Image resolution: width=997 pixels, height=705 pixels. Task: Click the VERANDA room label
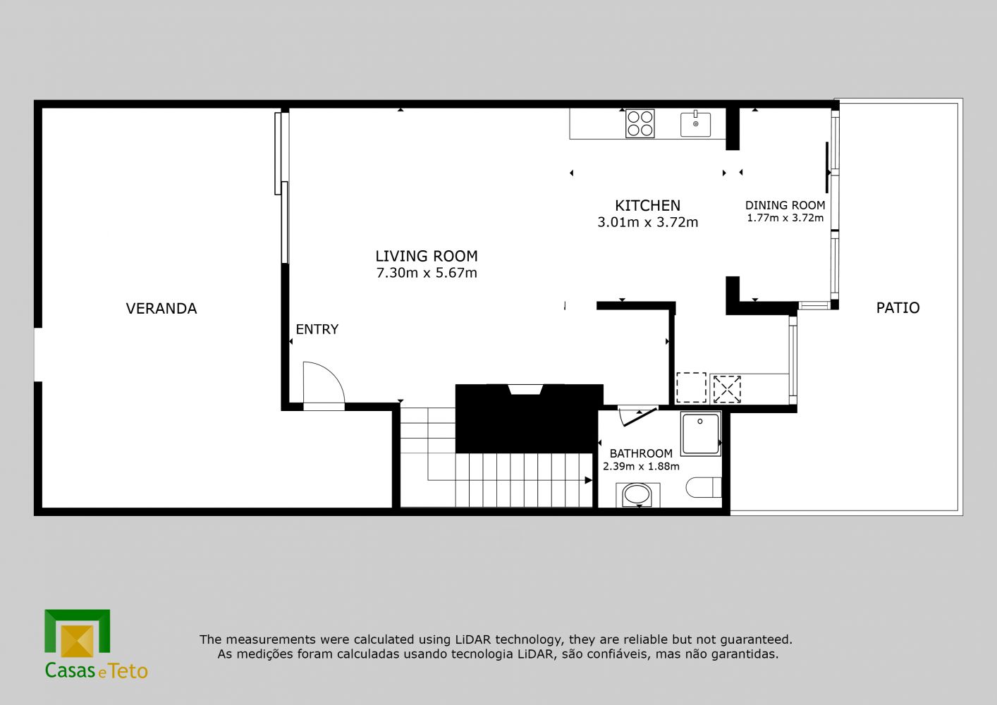click(161, 309)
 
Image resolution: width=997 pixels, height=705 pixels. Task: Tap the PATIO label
click(898, 308)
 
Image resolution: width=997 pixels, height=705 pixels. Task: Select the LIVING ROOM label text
click(427, 256)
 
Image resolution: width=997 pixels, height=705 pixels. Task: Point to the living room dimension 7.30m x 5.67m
click(427, 272)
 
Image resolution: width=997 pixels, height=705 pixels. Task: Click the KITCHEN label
click(647, 206)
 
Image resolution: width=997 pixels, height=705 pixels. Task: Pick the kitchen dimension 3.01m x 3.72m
click(647, 222)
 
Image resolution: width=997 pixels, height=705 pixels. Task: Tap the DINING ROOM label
click(785, 205)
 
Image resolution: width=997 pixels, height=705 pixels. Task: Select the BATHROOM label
click(641, 453)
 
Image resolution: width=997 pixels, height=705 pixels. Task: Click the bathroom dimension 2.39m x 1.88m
click(641, 467)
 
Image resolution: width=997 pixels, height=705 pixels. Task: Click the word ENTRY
click(317, 329)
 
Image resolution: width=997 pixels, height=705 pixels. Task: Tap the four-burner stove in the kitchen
click(640, 123)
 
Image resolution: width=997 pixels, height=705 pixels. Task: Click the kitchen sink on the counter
click(695, 124)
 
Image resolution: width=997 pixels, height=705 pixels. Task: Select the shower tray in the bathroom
click(701, 434)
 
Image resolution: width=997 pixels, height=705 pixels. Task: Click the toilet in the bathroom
click(703, 487)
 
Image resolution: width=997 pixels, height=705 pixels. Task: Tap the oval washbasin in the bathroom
click(637, 494)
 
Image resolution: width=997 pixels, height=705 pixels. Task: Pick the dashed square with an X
click(727, 389)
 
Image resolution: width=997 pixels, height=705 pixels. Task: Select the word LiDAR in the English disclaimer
click(472, 639)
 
